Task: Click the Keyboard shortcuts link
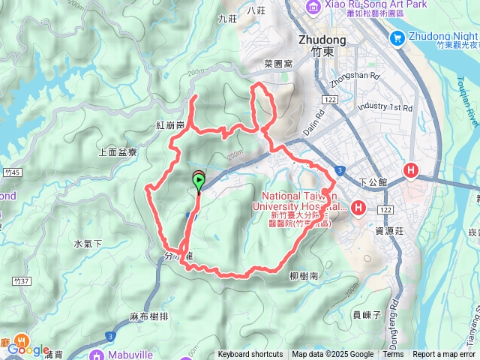pos(250,355)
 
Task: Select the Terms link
pos(393,355)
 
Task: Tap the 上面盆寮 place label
pos(118,151)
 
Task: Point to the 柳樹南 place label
pos(303,276)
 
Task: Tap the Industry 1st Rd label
pos(385,108)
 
